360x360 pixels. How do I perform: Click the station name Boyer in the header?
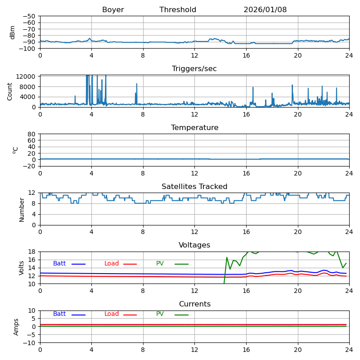[113, 10]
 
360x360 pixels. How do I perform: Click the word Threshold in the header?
[178, 10]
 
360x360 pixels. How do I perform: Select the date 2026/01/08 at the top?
[265, 10]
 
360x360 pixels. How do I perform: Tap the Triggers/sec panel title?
[194, 69]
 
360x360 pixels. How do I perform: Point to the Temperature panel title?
[194, 128]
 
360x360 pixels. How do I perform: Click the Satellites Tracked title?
[194, 187]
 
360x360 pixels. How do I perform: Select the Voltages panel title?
[194, 245]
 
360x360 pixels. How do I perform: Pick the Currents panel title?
[194, 304]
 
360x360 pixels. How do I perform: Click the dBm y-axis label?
[13, 32]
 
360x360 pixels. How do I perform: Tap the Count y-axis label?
[10, 91]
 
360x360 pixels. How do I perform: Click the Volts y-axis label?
[22, 268]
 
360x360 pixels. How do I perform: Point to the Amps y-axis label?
[16, 327]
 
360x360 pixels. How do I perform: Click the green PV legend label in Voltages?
[160, 264]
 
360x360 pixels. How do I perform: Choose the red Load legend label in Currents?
[112, 314]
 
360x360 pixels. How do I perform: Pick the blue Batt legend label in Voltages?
[59, 264]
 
